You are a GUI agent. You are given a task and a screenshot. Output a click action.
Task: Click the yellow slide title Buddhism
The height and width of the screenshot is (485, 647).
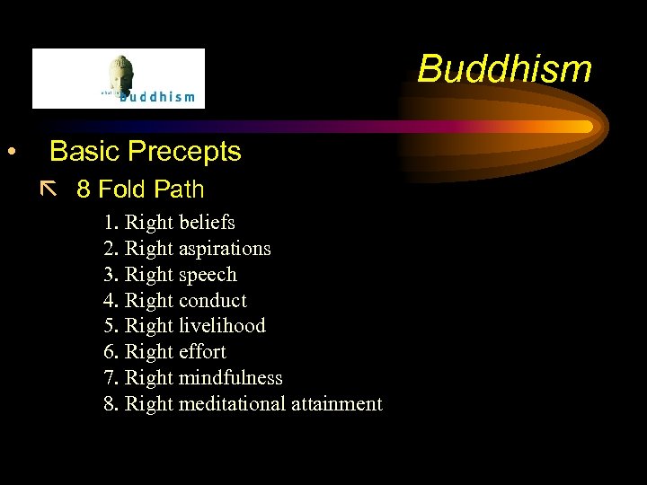coord(504,69)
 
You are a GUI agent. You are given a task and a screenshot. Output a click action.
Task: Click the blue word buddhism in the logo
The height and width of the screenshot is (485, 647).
coord(157,97)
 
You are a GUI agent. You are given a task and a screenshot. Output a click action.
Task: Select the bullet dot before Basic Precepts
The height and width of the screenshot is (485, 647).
coord(11,152)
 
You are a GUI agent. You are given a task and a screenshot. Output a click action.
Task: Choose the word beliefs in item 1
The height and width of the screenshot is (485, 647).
coord(207,222)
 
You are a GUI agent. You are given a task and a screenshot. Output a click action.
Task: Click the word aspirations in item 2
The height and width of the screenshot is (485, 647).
coord(225,248)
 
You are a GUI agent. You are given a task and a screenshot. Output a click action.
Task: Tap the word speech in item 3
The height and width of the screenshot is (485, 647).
coord(208,274)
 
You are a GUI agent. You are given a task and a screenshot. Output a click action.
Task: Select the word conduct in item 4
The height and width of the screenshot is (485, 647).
coord(212,300)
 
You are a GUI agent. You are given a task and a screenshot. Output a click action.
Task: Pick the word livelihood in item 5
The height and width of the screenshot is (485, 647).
coord(222,326)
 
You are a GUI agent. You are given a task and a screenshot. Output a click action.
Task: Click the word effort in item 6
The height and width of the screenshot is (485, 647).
coord(202,352)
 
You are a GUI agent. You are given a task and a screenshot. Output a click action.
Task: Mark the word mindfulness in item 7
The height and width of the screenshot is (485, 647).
coord(230,378)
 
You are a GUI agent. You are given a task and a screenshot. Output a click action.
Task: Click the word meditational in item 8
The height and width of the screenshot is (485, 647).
coord(232,404)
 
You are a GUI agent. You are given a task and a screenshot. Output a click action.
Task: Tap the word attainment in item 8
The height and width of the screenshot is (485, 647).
coord(337,404)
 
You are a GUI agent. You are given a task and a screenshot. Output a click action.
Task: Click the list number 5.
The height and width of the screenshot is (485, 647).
coord(109,326)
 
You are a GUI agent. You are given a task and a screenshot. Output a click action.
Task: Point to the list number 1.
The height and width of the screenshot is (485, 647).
coord(109,222)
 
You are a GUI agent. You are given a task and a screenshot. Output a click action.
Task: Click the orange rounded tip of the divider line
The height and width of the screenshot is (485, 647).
coord(586,127)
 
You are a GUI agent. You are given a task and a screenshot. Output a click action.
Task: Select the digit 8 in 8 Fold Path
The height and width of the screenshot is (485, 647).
coord(83,190)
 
